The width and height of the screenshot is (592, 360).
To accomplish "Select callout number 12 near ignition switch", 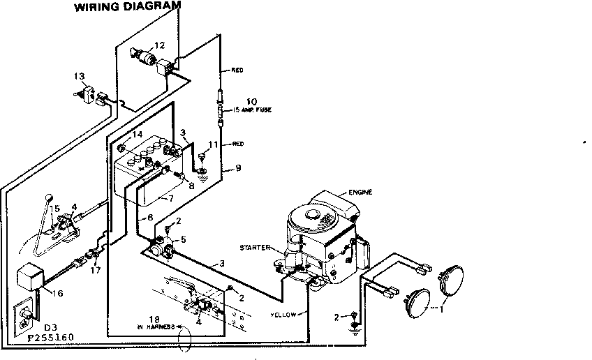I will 160,45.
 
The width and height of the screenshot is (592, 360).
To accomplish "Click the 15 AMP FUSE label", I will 253,110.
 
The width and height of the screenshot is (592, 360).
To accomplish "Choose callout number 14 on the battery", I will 137,135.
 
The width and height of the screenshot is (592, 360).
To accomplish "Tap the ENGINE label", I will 360,192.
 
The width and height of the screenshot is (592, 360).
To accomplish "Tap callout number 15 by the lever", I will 54,209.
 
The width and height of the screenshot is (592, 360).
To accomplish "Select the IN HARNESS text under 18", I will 154,326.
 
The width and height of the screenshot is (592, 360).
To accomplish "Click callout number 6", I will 150,217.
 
